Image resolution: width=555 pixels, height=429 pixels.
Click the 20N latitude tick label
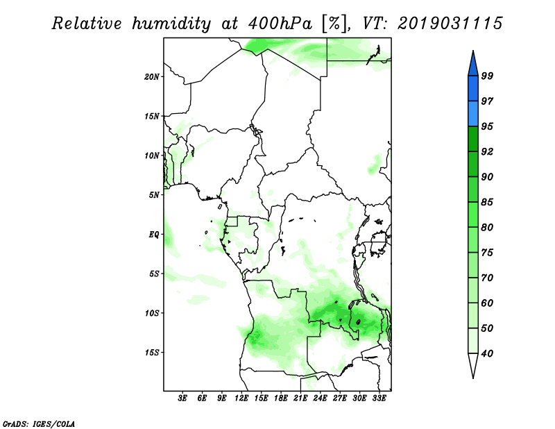pyautogui.click(x=152, y=76)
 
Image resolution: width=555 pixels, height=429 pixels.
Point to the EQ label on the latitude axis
pyautogui.click(x=154, y=235)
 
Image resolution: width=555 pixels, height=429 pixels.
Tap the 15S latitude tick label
pyautogui.click(x=152, y=353)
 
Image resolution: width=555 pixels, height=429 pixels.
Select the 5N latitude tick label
pyautogui.click(x=154, y=195)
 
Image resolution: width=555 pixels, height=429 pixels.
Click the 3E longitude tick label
pyautogui.click(x=182, y=398)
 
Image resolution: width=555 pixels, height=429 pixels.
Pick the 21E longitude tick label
pyautogui.click(x=300, y=398)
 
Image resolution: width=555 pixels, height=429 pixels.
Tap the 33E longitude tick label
pyautogui.click(x=379, y=398)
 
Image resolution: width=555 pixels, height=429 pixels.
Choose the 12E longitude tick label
pyautogui.click(x=241, y=398)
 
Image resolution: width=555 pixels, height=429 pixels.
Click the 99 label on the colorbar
pyautogui.click(x=487, y=76)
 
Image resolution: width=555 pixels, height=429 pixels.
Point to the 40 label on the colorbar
pyautogui.click(x=487, y=353)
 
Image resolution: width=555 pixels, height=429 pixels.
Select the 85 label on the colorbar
pyautogui.click(x=487, y=202)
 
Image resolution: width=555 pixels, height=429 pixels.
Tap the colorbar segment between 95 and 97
pyautogui.click(x=473, y=114)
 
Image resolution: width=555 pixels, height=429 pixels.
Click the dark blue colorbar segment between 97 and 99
pyautogui.click(x=473, y=89)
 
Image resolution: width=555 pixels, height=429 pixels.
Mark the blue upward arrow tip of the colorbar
pyautogui.click(x=473, y=51)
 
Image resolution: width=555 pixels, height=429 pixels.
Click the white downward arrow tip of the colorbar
pyautogui.click(x=473, y=378)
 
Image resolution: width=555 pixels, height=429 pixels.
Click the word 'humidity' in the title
pyautogui.click(x=171, y=24)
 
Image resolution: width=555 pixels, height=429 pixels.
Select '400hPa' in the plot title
pyautogui.click(x=280, y=24)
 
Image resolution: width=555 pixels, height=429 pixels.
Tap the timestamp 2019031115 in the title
pyautogui.click(x=450, y=24)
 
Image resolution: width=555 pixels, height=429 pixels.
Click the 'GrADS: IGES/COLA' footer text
pyautogui.click(x=39, y=423)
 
